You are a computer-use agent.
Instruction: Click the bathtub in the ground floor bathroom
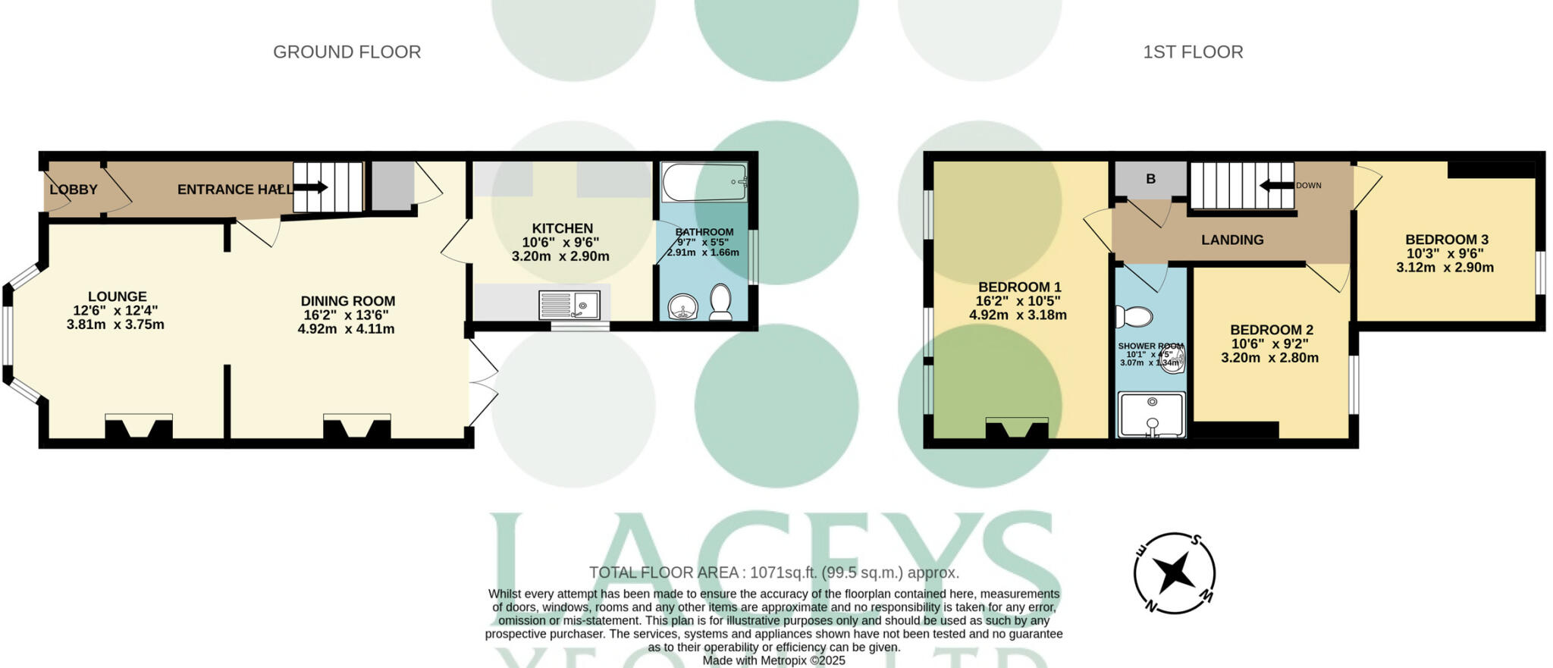(x=704, y=182)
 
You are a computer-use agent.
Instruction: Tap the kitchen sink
(x=569, y=305)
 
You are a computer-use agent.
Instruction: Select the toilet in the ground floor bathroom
(x=720, y=301)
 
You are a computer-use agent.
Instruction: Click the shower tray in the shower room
(x=1151, y=414)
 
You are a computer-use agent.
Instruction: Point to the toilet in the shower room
(x=1134, y=316)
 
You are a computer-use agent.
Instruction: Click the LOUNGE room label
(x=117, y=296)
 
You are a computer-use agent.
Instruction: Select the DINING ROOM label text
(x=347, y=301)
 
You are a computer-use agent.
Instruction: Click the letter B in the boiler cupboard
(x=1150, y=179)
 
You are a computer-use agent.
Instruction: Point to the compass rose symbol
(x=1174, y=572)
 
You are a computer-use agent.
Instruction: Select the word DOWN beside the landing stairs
(x=1308, y=185)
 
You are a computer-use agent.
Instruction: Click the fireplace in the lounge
(x=139, y=427)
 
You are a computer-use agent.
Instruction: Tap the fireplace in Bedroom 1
(x=1017, y=429)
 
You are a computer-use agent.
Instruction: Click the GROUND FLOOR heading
(x=347, y=52)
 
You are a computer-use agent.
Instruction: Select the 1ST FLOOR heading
(x=1192, y=52)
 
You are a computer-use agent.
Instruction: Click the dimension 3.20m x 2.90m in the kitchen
(x=560, y=256)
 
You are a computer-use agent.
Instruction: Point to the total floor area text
(x=773, y=572)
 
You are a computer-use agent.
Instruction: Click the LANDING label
(x=1231, y=240)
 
